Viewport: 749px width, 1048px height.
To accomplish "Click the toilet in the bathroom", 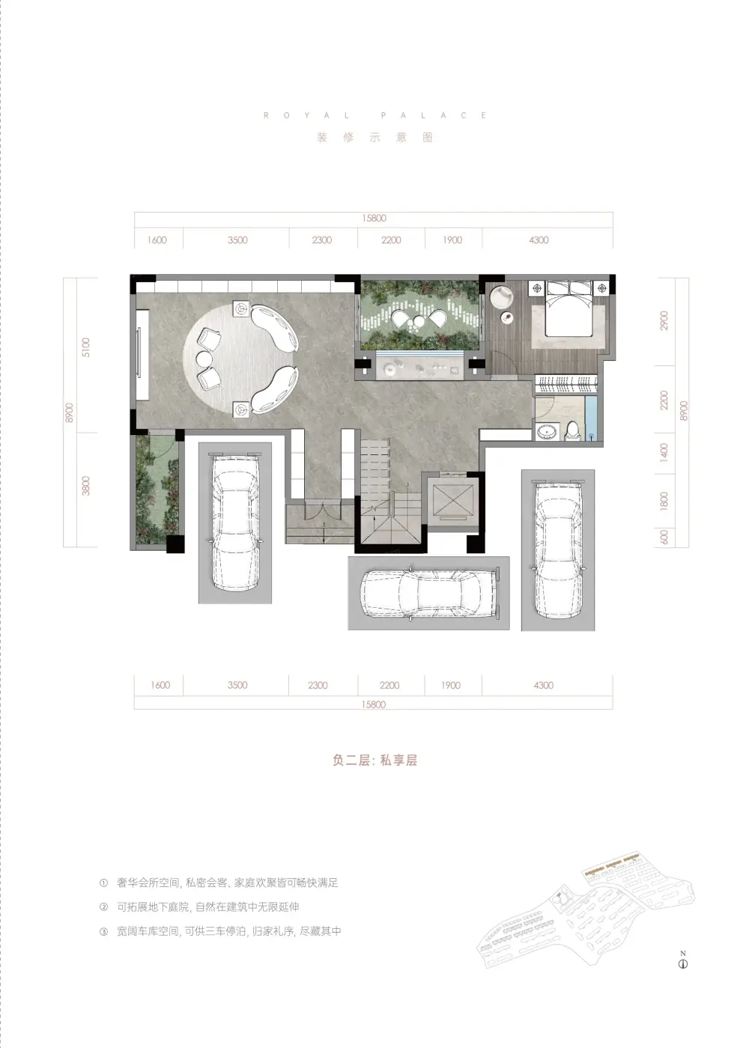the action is point(572,430).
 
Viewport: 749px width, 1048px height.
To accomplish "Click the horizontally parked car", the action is point(428,593).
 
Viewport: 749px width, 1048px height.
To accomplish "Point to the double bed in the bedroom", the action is point(569,308).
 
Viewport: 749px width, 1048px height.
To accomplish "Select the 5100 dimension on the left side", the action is point(85,347).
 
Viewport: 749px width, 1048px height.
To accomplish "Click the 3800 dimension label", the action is point(85,485).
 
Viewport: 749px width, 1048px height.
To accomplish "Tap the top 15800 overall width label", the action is point(374,218).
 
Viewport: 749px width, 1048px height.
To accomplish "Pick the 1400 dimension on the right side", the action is point(664,453).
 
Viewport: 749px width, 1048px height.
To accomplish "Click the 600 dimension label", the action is point(664,537).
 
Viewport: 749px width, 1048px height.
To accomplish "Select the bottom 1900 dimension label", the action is point(451,685).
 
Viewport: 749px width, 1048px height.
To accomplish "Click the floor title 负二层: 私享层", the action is point(374,761).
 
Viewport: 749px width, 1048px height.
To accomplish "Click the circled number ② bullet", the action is point(103,907).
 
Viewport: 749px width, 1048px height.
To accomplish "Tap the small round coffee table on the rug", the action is point(204,359).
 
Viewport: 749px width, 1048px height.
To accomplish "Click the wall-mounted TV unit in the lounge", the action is point(142,355).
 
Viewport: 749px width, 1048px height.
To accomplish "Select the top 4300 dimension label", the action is point(539,240).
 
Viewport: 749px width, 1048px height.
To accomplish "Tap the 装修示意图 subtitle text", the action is point(374,138).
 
